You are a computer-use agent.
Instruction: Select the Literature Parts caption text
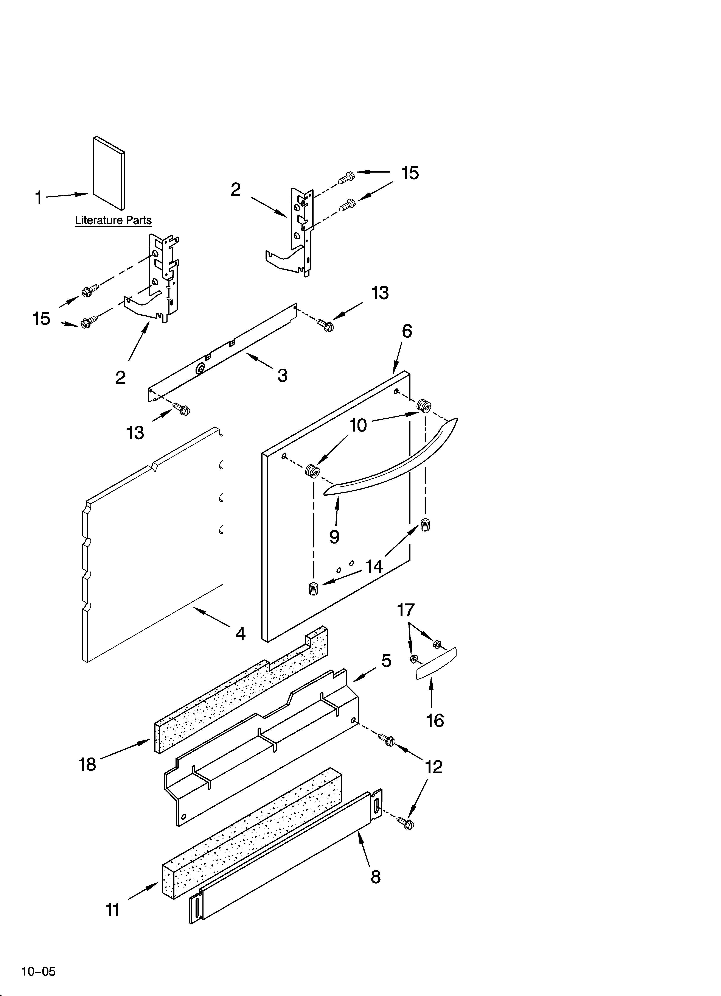click(x=113, y=220)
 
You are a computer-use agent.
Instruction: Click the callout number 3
click(x=282, y=376)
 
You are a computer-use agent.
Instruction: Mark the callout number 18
click(x=87, y=765)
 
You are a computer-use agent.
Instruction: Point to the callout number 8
click(x=375, y=877)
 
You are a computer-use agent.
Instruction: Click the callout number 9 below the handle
click(x=335, y=537)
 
